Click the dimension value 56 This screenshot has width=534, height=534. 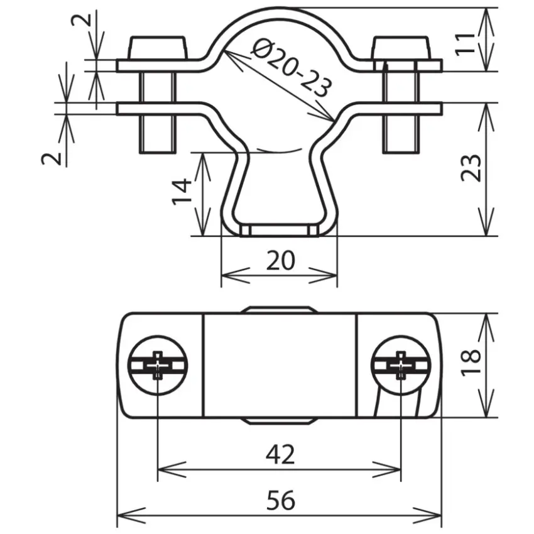click(281, 500)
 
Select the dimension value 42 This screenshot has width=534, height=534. click(280, 455)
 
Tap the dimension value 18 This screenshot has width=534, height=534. click(471, 362)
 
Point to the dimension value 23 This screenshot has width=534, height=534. click(471, 168)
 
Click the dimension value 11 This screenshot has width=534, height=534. click(465, 43)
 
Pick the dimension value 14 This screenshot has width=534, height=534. click(182, 191)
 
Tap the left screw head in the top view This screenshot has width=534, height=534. click(157, 366)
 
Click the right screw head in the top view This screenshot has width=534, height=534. click(401, 366)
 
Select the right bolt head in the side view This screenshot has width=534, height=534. click(401, 47)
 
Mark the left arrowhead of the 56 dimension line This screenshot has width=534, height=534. click(131, 515)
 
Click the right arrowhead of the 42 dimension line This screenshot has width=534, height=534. click(387, 470)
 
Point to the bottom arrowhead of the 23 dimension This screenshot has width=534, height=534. click(486, 222)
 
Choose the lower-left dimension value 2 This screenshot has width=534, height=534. click(51, 159)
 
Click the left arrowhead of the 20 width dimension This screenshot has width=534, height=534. click(236, 276)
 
